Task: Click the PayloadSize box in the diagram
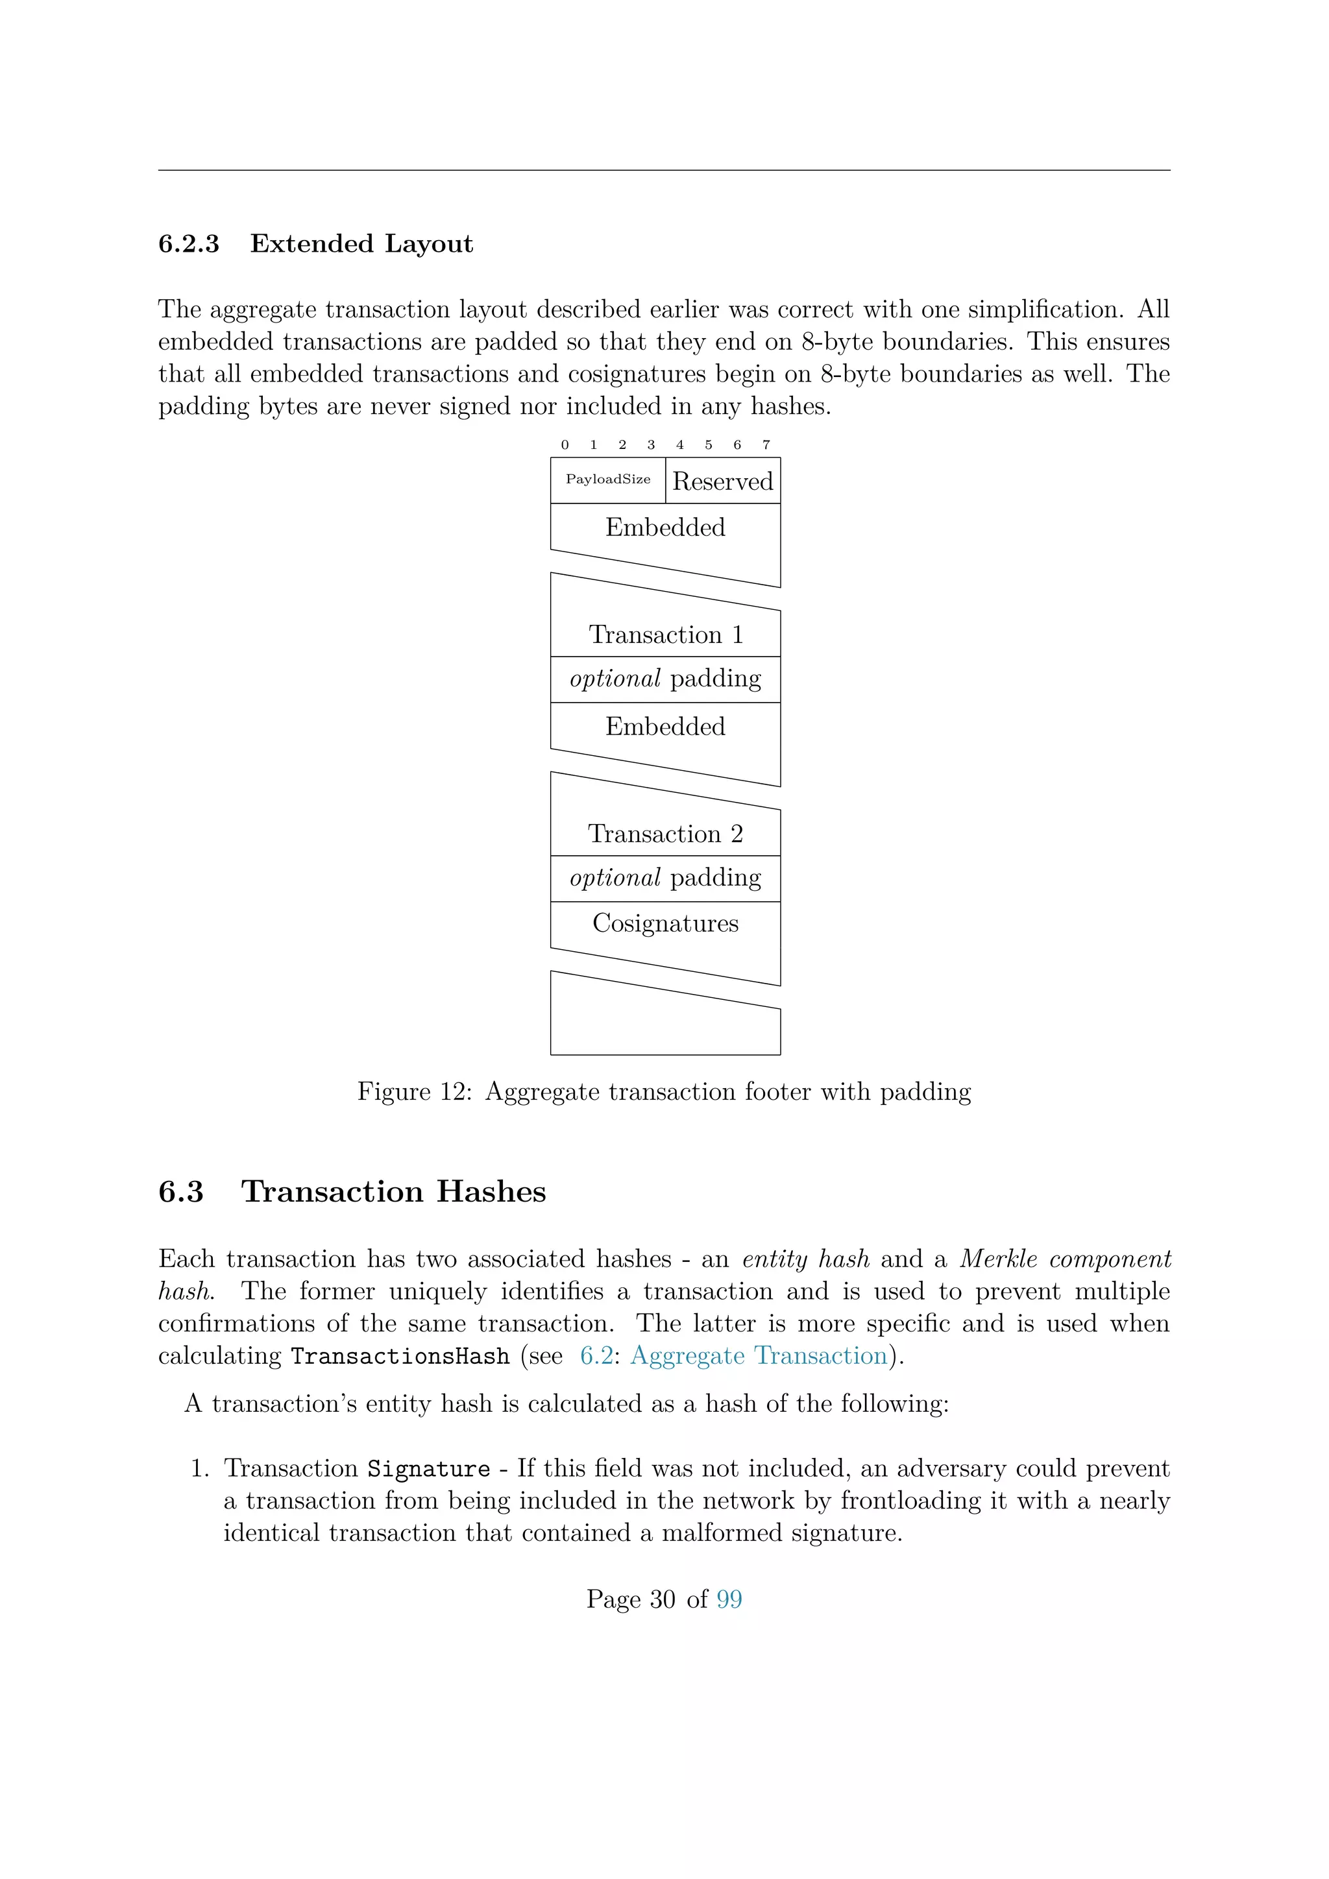(607, 480)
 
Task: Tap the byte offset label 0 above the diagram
(565, 445)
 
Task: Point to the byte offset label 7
(766, 445)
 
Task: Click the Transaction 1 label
(665, 635)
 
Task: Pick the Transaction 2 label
(665, 834)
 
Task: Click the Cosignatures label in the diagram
(665, 923)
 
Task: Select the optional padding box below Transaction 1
(665, 679)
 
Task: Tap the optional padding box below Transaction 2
(665, 878)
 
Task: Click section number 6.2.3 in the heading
(188, 244)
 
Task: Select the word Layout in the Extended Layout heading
(429, 244)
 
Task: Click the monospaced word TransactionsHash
(400, 1357)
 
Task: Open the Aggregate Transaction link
(759, 1356)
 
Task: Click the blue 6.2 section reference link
(596, 1356)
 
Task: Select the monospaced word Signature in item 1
(428, 1469)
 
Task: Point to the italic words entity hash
(805, 1259)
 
